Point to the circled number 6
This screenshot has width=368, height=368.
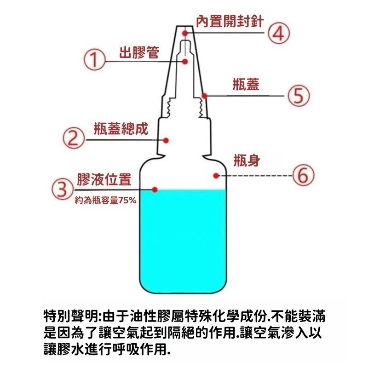click(x=303, y=175)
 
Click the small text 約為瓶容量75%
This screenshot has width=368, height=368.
click(x=102, y=201)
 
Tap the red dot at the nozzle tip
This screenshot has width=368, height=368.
click(x=185, y=33)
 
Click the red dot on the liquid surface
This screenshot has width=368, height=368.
click(x=155, y=189)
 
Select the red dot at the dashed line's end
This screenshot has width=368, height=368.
click(x=216, y=175)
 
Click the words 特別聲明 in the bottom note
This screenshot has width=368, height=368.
click(x=69, y=317)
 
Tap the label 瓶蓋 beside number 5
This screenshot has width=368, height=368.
click(x=247, y=84)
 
